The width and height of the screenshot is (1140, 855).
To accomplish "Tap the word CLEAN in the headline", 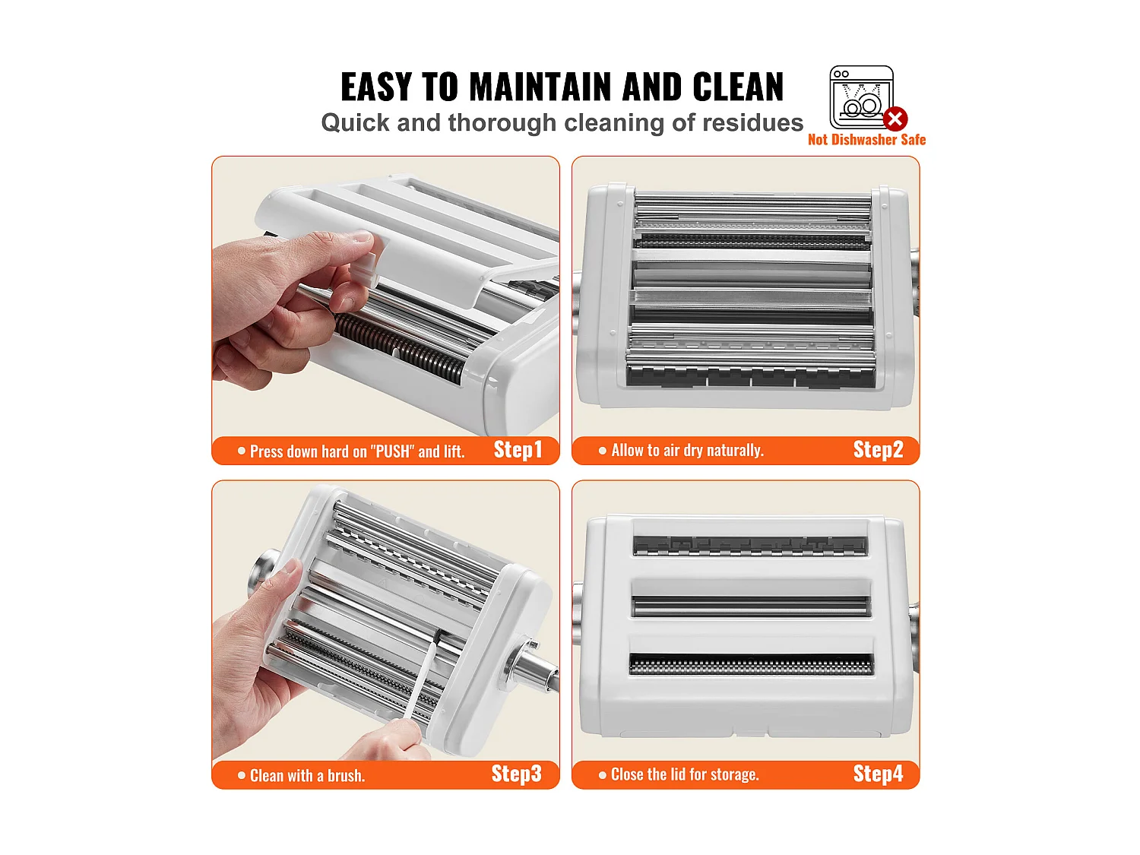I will [737, 87].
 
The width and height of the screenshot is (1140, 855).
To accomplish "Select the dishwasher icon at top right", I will [860, 97].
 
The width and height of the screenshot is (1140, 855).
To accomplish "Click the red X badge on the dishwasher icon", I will [895, 119].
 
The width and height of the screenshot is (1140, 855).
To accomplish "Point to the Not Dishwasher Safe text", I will [866, 140].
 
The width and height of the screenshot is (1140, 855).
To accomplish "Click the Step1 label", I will [518, 450].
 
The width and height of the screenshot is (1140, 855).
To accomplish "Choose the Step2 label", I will [878, 450].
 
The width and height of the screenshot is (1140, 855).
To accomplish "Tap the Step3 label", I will [516, 774].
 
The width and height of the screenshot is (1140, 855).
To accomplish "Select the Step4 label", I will [878, 774].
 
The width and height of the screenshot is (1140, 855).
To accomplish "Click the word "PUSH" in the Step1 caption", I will [393, 451].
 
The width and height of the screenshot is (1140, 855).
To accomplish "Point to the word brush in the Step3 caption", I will [346, 776].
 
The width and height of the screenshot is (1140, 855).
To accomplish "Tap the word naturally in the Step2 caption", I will [735, 451].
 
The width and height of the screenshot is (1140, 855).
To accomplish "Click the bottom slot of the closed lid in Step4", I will [751, 664].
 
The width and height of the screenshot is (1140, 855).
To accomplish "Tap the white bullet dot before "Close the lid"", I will [603, 775].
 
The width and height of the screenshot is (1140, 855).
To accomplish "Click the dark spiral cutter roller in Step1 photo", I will [399, 350].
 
